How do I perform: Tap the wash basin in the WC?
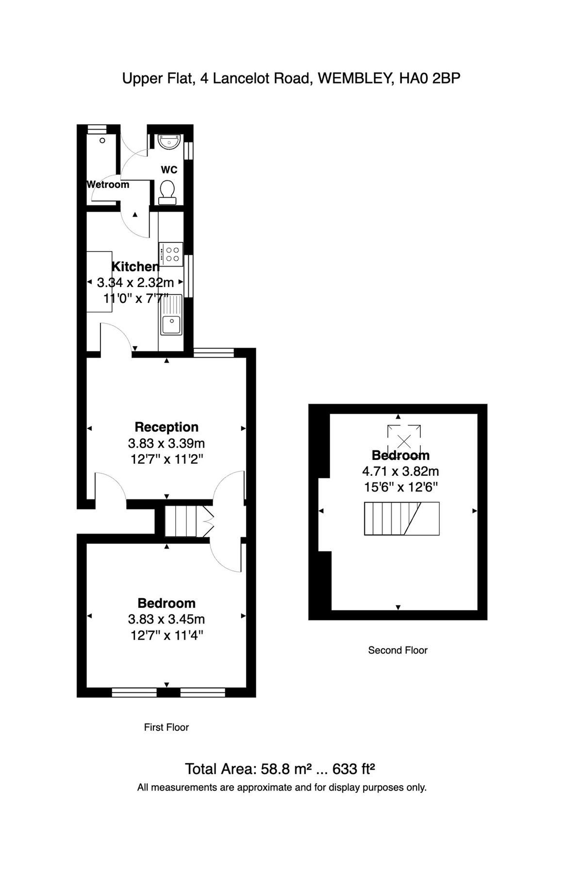click(169, 142)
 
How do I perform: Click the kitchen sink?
click(171, 323)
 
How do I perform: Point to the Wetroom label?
click(108, 185)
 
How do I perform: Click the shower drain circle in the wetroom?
click(102, 141)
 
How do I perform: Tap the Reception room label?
click(166, 427)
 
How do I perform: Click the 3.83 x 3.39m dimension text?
click(166, 443)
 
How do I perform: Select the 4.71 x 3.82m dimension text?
click(400, 471)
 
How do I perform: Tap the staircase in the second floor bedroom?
click(401, 519)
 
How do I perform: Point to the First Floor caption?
click(166, 727)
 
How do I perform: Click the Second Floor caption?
click(398, 650)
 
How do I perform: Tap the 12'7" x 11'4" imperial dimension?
click(166, 635)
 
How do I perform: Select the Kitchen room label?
click(135, 267)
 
